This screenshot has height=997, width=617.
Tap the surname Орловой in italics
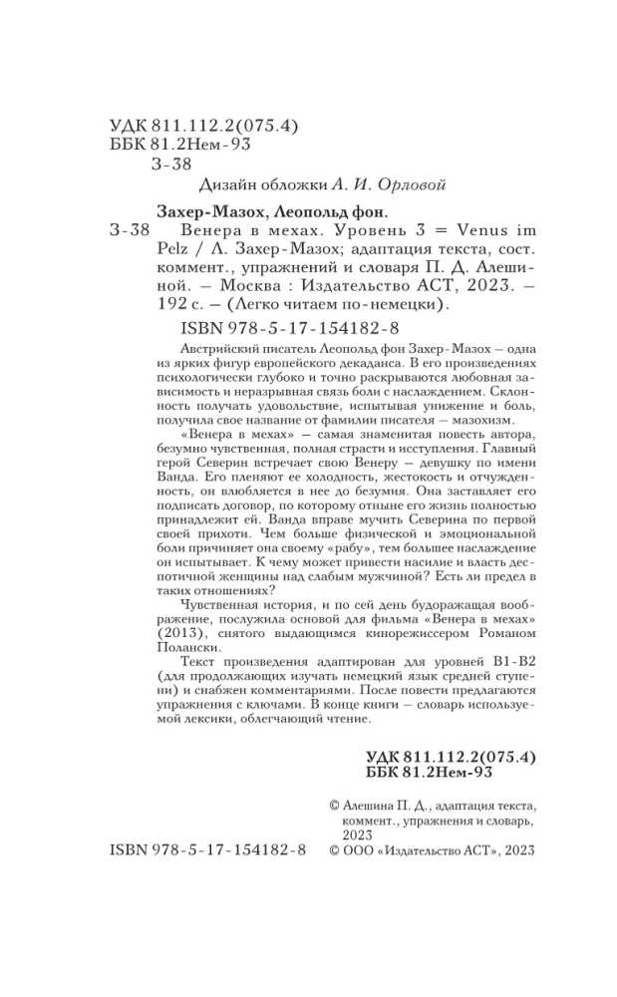(x=358, y=184)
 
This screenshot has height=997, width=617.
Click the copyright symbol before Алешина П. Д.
(x=334, y=803)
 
